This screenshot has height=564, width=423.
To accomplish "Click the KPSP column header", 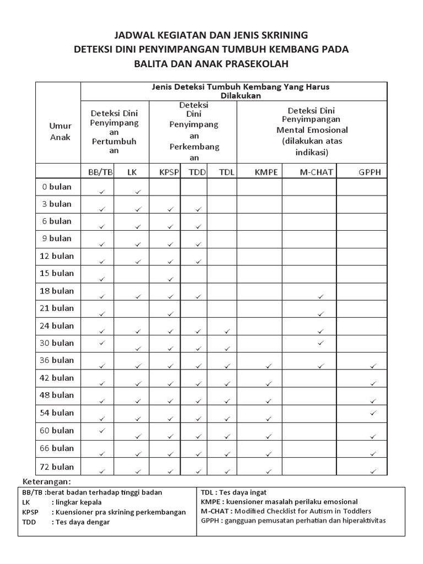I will click(169, 172).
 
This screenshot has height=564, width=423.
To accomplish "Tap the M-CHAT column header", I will click(316, 172).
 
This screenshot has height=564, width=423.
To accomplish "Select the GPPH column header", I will click(370, 172).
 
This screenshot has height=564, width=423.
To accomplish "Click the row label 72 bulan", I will click(56, 467).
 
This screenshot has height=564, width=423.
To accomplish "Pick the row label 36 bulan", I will click(56, 360).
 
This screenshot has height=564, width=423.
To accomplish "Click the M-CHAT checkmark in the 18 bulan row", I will click(321, 296).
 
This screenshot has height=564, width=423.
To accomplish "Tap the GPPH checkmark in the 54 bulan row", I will click(373, 413).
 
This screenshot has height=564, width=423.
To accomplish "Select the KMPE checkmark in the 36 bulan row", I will click(269, 366).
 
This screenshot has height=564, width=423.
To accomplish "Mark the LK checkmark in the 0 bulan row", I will click(138, 192).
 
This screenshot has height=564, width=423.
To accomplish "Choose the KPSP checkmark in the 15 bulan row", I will click(171, 279).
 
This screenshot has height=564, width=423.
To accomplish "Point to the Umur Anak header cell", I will click(60, 132).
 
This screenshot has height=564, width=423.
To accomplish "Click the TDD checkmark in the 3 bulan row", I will click(198, 209).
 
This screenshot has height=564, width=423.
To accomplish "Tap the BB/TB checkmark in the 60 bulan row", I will click(101, 430).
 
